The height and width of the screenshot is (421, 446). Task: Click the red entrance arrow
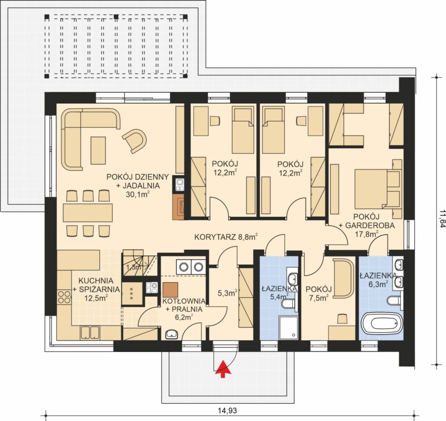[224, 369]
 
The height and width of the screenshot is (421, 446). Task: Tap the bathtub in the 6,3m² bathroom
[382, 323]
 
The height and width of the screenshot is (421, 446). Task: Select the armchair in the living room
[134, 140]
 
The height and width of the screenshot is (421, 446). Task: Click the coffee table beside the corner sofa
[99, 150]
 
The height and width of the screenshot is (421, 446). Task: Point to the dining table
[88, 212]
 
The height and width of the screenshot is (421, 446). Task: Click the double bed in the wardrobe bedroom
[379, 189]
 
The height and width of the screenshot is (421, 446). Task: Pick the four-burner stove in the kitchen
[64, 297]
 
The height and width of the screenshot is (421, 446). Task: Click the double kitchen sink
[90, 332]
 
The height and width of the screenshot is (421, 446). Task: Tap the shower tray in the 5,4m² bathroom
[289, 328]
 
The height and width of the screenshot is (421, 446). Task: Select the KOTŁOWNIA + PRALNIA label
[184, 305]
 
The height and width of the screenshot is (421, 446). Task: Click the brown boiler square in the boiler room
[171, 289]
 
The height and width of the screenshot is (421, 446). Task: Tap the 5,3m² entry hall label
[227, 293]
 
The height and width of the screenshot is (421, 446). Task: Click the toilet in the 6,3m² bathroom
[395, 301]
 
